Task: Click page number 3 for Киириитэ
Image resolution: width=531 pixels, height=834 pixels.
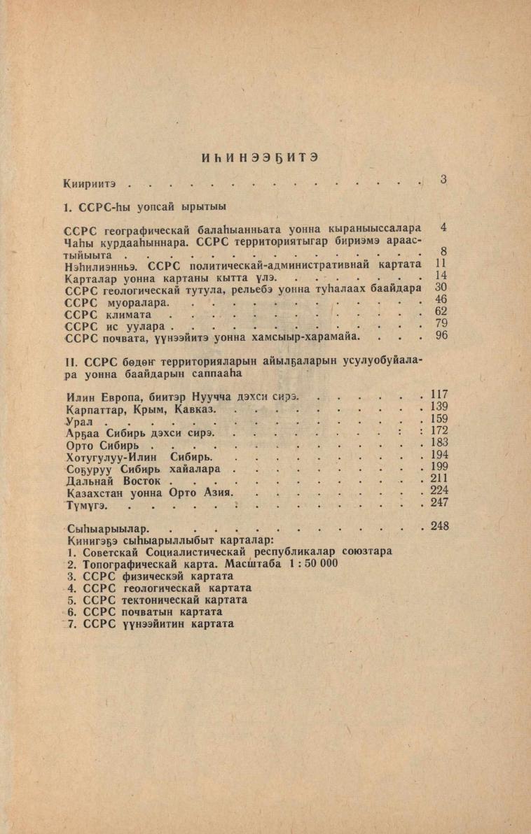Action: [443, 180]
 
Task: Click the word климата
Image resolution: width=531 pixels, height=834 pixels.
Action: [128, 316]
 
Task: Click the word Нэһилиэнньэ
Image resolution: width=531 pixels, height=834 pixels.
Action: [98, 264]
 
